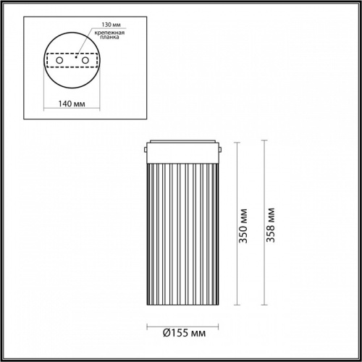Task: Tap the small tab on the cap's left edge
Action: pos(146,150)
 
